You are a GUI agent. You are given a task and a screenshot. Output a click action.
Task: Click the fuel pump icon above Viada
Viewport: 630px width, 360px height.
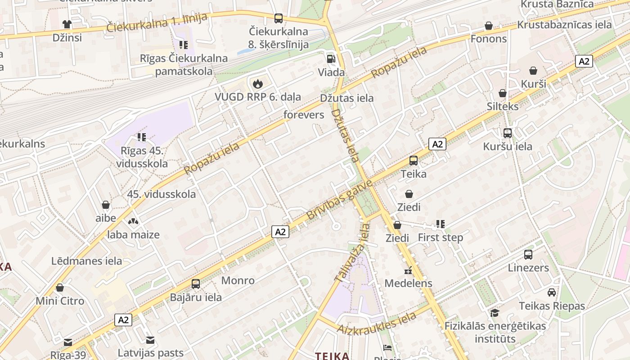pyautogui.click(x=331, y=58)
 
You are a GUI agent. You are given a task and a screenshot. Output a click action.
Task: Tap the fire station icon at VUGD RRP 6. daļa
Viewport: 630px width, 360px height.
pyautogui.click(x=257, y=83)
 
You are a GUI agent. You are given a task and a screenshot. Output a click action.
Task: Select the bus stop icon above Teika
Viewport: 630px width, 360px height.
pyautogui.click(x=413, y=160)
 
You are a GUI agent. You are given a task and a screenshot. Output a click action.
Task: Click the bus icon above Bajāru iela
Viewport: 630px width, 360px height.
pyautogui.click(x=195, y=284)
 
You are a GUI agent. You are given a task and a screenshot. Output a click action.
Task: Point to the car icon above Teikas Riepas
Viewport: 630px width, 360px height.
pyautogui.click(x=551, y=292)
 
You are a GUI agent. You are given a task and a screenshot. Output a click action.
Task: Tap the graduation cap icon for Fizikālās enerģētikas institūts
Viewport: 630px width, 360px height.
pyautogui.click(x=495, y=313)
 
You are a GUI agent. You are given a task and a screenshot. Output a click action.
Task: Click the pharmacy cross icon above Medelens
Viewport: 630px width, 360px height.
pyautogui.click(x=408, y=270)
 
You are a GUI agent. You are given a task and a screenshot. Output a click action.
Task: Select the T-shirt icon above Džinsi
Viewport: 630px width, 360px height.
pyautogui.click(x=67, y=24)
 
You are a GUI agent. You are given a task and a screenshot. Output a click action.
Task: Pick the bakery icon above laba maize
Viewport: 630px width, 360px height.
pyautogui.click(x=133, y=221)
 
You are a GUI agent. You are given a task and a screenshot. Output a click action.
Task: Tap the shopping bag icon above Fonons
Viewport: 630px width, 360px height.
pyautogui.click(x=488, y=26)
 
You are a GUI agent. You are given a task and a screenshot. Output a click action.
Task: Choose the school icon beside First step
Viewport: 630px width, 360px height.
pyautogui.click(x=440, y=224)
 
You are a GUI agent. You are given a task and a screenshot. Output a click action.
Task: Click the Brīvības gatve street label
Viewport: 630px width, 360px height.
pyautogui.click(x=340, y=200)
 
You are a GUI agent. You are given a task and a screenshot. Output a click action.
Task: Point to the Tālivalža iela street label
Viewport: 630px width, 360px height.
pyautogui.click(x=352, y=253)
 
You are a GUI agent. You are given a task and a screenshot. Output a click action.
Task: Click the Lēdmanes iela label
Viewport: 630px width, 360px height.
pyautogui.click(x=86, y=261)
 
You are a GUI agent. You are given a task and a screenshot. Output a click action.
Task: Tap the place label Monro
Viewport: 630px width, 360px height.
pyautogui.click(x=238, y=280)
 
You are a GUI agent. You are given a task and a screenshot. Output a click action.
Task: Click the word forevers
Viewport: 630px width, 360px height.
pyautogui.click(x=304, y=115)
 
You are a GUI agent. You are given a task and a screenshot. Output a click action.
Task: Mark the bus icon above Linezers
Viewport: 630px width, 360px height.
pyautogui.click(x=528, y=255)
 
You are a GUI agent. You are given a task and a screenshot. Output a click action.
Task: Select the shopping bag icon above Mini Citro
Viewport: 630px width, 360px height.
pyautogui.click(x=60, y=288)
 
